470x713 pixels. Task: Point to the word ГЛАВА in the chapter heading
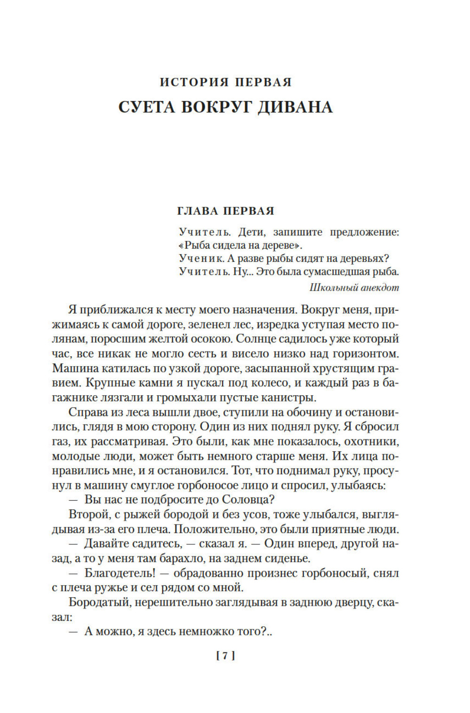198,211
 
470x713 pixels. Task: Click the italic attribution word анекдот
379,287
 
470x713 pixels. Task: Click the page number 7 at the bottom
225,656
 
